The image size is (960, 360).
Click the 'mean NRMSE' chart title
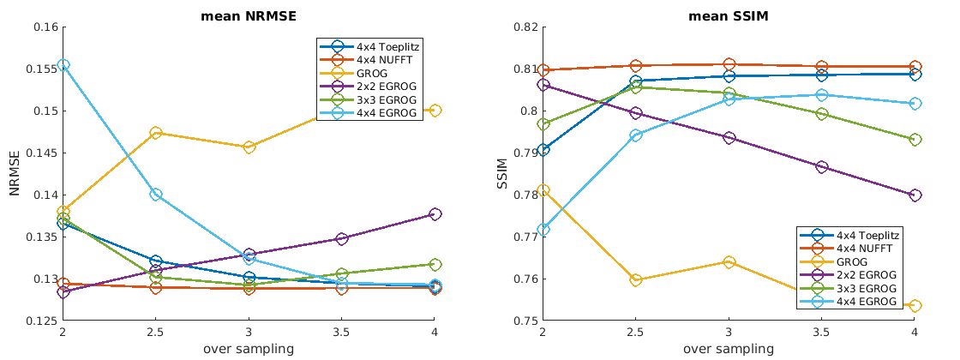pyautogui.click(x=249, y=15)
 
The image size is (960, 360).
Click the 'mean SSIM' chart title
pyautogui.click(x=729, y=15)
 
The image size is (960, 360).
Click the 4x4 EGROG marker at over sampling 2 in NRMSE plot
pyautogui.click(x=63, y=65)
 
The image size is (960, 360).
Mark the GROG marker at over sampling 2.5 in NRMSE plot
pyautogui.click(x=155, y=133)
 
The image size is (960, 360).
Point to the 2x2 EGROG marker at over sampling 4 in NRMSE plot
pyautogui.click(x=435, y=213)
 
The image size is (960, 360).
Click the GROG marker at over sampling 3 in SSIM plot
pyautogui.click(x=729, y=261)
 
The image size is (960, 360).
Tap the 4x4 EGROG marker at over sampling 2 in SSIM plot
pyautogui.click(x=543, y=230)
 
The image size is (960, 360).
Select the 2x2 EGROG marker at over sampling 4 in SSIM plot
pyautogui.click(x=915, y=195)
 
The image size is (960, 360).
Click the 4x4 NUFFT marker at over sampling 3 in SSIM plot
pyautogui.click(x=729, y=64)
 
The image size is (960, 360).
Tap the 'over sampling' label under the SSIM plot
pyautogui.click(x=729, y=349)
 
